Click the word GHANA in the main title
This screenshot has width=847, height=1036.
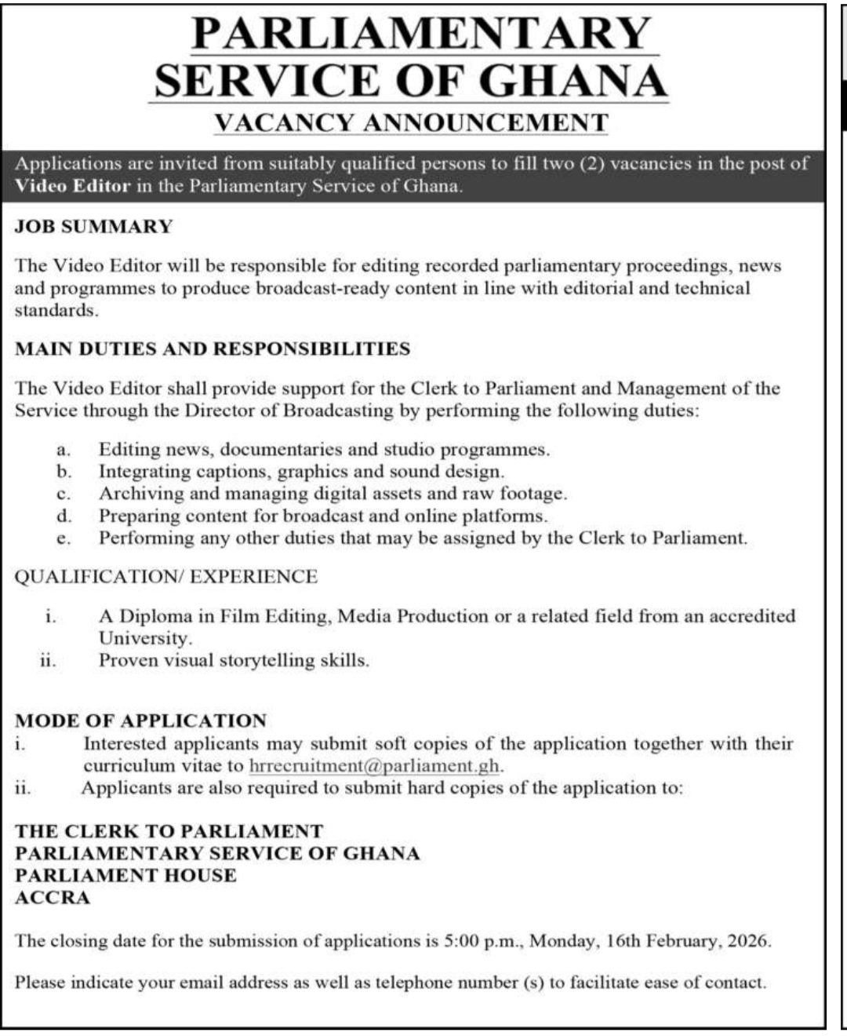coord(573,79)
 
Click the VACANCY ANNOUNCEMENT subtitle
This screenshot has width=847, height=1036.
coord(412,123)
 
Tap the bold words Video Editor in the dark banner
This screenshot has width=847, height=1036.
coord(72,187)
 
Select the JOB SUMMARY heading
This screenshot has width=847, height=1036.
coord(93,227)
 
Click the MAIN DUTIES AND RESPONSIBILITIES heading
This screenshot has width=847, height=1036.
coord(213,348)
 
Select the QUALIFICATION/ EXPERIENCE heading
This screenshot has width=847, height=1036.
coord(166,577)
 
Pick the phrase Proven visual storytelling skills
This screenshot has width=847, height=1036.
coord(234,660)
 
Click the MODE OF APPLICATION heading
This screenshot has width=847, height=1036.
coord(141,720)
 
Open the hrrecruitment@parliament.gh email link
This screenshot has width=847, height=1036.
coord(374,766)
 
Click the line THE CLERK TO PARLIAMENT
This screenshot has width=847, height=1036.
coord(169,831)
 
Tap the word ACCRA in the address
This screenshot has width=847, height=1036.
coord(53,897)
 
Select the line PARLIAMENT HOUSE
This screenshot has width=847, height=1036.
coord(125,875)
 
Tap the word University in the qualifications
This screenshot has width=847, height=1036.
coord(144,638)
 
